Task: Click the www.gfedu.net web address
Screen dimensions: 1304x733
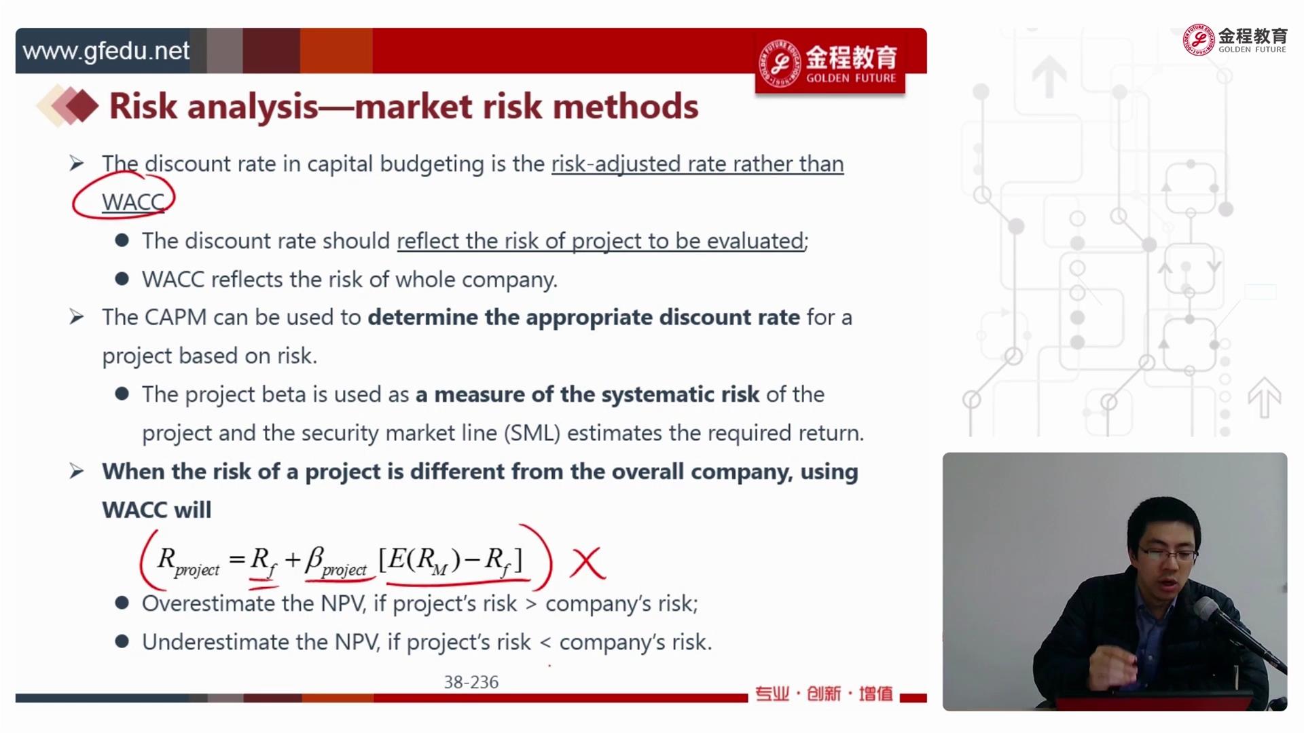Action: pos(106,51)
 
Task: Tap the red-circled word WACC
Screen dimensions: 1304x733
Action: pos(133,202)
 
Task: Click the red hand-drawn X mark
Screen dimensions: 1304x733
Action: pos(587,563)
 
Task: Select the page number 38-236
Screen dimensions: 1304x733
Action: pos(471,682)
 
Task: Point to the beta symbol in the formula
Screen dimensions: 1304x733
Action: pos(314,559)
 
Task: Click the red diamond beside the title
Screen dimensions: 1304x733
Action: pos(83,107)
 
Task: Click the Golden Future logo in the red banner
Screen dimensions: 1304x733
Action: pos(829,62)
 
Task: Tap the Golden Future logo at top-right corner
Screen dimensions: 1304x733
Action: pos(1235,40)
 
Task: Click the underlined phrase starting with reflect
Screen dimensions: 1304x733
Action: pos(600,241)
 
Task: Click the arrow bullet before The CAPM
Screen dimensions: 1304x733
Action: pos(77,317)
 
